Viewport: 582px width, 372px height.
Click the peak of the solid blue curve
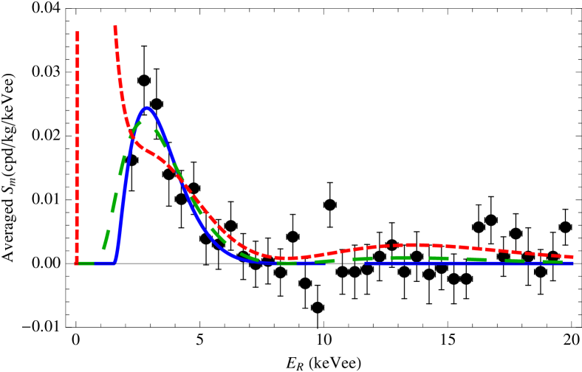[x=148, y=108]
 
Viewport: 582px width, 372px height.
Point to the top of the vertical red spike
[x=78, y=32]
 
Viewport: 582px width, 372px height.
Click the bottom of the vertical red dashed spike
[x=77, y=262]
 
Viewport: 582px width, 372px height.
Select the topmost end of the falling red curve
[x=115, y=27]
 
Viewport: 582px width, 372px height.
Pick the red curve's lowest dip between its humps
[x=290, y=258]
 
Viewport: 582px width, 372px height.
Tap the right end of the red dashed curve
[x=572, y=257]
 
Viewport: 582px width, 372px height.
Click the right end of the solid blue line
[x=573, y=263]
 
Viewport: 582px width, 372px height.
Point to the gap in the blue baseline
[x=344, y=263]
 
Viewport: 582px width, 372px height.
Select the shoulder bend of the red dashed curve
[x=145, y=150]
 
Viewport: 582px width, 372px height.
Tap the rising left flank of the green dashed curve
[x=114, y=199]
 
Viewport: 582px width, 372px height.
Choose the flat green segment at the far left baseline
[x=86, y=263]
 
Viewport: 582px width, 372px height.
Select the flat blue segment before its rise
[x=104, y=263]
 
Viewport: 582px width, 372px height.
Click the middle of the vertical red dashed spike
[x=77, y=148]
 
